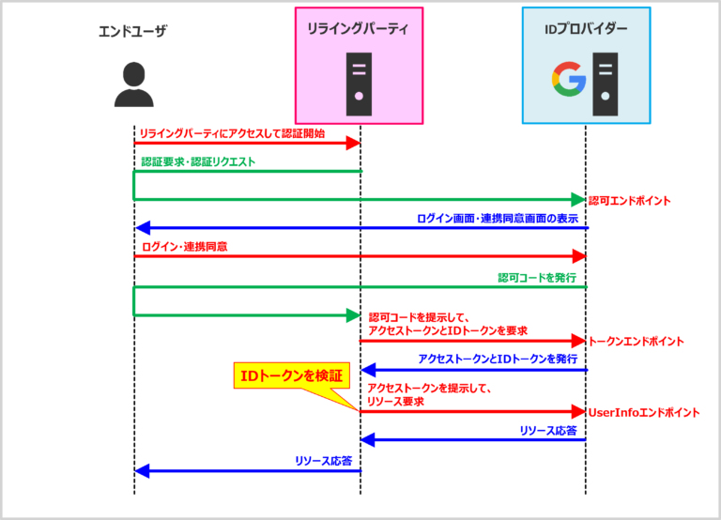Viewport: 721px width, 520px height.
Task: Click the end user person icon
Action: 133,84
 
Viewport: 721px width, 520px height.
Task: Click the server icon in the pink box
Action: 360,79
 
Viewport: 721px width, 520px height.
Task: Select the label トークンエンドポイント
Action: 635,342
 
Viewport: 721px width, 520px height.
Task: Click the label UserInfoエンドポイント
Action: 643,412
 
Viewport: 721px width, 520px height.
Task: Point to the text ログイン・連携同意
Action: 184,246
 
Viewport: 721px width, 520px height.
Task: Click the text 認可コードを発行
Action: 536,278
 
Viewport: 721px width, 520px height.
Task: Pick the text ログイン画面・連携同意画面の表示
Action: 498,218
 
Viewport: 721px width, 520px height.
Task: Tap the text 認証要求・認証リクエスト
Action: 197,161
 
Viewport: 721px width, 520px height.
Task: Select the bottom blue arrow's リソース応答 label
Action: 323,461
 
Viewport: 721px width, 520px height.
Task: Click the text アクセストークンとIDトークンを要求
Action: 448,330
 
